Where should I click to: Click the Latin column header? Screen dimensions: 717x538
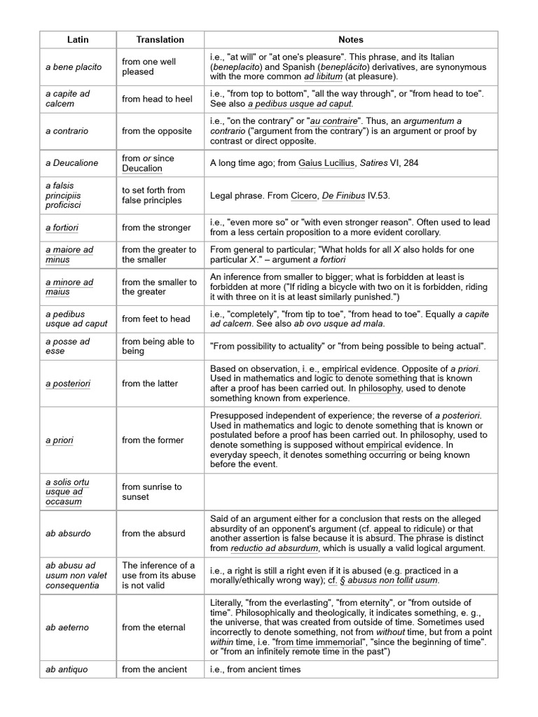(x=77, y=40)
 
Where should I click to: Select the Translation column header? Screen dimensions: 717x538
(x=160, y=40)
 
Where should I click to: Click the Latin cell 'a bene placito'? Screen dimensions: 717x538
(x=74, y=67)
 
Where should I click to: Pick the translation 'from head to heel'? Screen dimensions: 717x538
(x=157, y=99)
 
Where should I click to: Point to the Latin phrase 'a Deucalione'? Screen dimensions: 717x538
(x=72, y=163)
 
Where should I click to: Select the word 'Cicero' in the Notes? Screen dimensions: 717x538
(x=303, y=195)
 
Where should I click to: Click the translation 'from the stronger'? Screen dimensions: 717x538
(x=156, y=228)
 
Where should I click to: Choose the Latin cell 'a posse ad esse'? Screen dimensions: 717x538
(x=68, y=346)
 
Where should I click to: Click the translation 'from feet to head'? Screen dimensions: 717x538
(x=156, y=319)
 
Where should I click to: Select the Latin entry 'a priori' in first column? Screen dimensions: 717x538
(x=60, y=440)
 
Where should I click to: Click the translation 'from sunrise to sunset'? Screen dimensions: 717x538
(x=152, y=492)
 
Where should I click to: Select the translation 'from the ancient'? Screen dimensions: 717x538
(x=154, y=669)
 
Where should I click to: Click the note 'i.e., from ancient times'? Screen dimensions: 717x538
(x=256, y=669)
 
